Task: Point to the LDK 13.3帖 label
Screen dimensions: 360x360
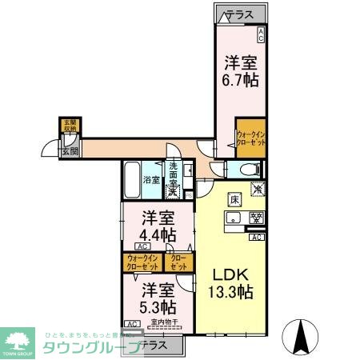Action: (231, 282)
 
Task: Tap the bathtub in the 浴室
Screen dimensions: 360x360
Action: (133, 181)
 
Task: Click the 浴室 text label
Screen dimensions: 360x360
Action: (152, 180)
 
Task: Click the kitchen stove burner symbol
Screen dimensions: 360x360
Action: (257, 217)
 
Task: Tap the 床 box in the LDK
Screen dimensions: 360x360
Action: (234, 200)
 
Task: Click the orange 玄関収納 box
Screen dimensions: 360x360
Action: (70, 126)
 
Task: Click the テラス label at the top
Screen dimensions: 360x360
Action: (238, 14)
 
